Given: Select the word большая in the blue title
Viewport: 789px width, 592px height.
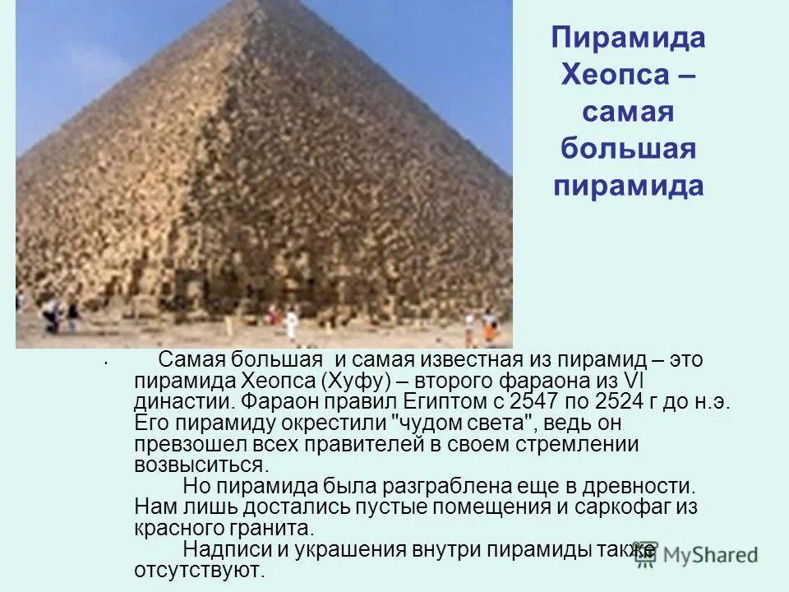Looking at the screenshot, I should [x=628, y=149].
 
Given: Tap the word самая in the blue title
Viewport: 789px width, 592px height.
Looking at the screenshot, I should [x=628, y=113].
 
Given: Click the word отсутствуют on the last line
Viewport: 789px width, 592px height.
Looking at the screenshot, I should [x=198, y=569].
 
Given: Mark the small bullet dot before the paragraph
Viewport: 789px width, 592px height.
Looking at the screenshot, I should [x=107, y=362].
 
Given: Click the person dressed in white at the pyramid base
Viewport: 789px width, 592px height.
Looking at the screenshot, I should [x=291, y=325].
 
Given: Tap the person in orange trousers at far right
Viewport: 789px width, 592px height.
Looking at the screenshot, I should [x=489, y=326].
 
